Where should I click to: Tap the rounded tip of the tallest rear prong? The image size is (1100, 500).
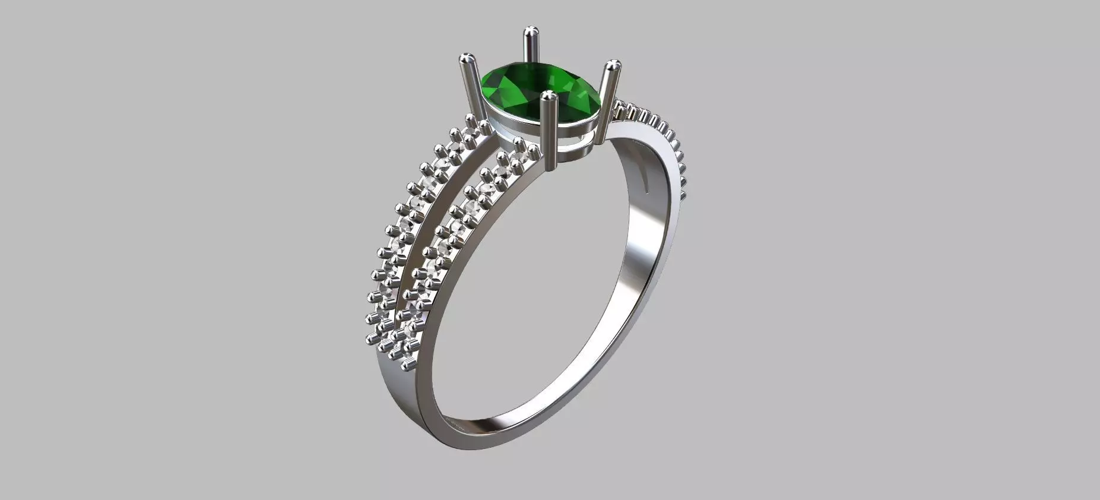click(530, 32)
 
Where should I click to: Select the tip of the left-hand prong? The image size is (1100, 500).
click(467, 59)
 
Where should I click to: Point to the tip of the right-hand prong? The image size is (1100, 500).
click(613, 65)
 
